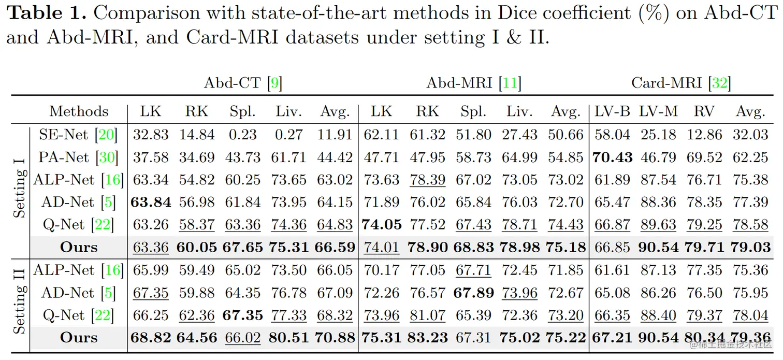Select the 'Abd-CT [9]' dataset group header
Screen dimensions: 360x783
click(243, 83)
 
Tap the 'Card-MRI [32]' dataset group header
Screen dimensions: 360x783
click(680, 83)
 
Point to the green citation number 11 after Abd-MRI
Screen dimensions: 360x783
click(510, 83)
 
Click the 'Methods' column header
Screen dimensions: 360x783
click(79, 111)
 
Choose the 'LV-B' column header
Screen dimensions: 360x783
click(612, 111)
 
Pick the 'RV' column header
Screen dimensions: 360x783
click(704, 111)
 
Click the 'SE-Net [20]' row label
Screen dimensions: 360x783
click(78, 135)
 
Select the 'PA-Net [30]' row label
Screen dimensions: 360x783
click(78, 157)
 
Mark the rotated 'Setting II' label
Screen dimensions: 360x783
click(20, 304)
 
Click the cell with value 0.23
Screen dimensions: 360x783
click(243, 135)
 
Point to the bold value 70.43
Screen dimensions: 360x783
click(612, 157)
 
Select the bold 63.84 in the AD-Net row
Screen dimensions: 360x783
click(151, 202)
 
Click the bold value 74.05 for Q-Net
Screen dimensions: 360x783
click(382, 225)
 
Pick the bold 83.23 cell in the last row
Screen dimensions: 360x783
click(428, 338)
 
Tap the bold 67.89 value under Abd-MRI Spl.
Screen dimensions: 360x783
click(473, 293)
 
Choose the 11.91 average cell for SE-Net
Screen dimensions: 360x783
click(335, 135)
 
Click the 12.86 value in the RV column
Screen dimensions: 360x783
click(704, 135)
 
